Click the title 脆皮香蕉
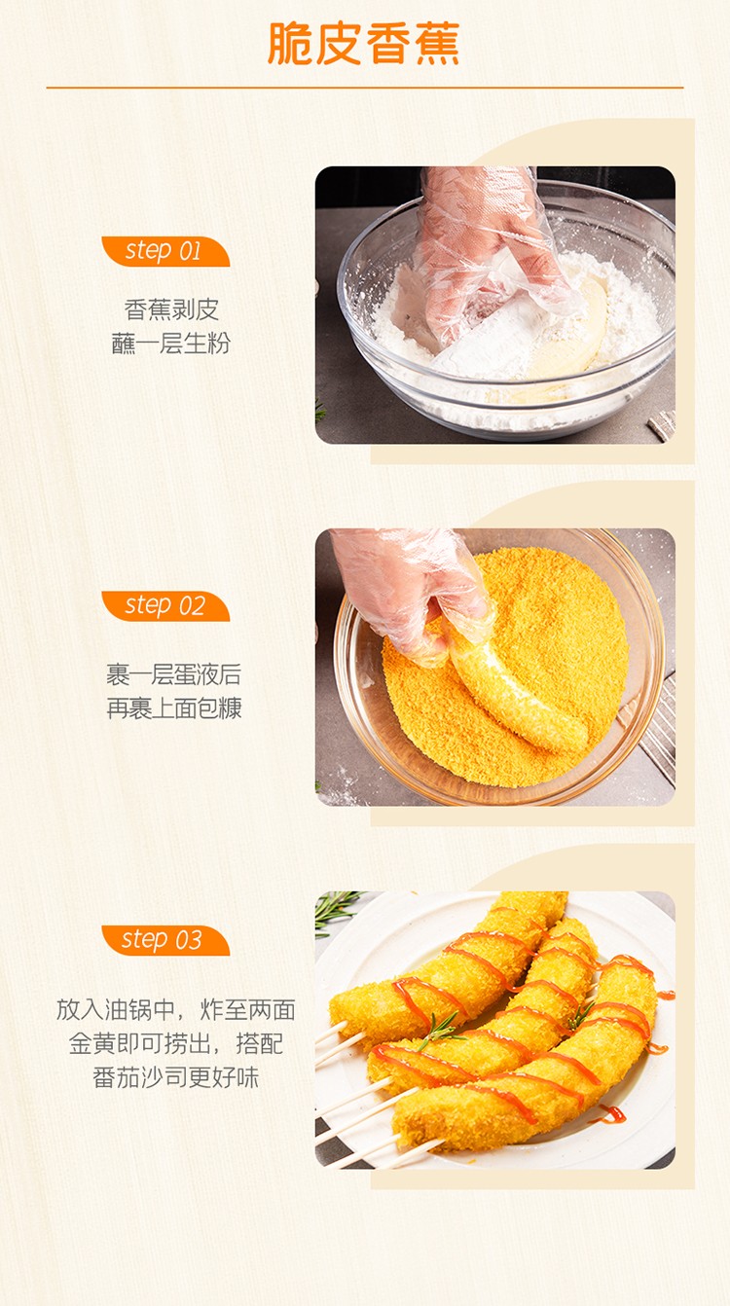[x=364, y=44]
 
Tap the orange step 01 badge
[x=165, y=251]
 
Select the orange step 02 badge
[x=165, y=606]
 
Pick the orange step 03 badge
[x=165, y=940]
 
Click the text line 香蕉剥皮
[x=171, y=309]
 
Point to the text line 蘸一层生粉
[x=171, y=344]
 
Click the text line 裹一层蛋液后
[x=174, y=674]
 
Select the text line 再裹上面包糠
[x=174, y=708]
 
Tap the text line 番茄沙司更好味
[x=175, y=1077]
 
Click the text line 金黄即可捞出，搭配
[x=175, y=1043]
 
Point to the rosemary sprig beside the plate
[x=335, y=911]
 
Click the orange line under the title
[x=364, y=88]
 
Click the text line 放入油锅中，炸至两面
[x=175, y=1010]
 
